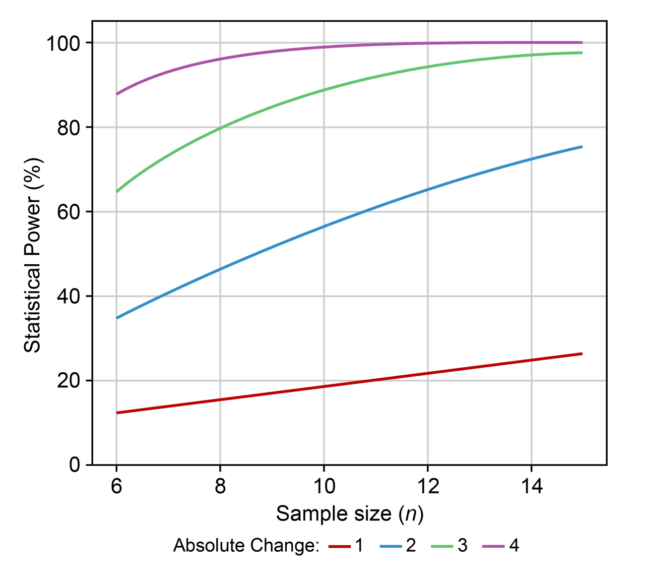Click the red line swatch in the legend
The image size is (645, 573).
339,546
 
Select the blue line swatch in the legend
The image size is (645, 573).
391,546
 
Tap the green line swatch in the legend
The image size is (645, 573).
442,546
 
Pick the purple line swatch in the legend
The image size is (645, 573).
493,546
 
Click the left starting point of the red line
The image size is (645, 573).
117,412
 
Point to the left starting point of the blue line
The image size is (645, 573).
117,318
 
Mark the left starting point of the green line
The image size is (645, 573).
117,191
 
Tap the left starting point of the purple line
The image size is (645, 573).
117,93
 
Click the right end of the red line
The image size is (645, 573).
582,353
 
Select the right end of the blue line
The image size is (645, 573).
582,147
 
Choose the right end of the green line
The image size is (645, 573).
582,52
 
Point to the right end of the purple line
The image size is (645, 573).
582,43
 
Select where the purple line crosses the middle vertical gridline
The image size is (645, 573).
324,47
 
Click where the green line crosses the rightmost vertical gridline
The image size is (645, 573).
532,55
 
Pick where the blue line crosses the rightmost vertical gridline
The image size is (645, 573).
532,159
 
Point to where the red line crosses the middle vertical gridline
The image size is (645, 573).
324,387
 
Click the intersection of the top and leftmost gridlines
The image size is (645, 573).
117,43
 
